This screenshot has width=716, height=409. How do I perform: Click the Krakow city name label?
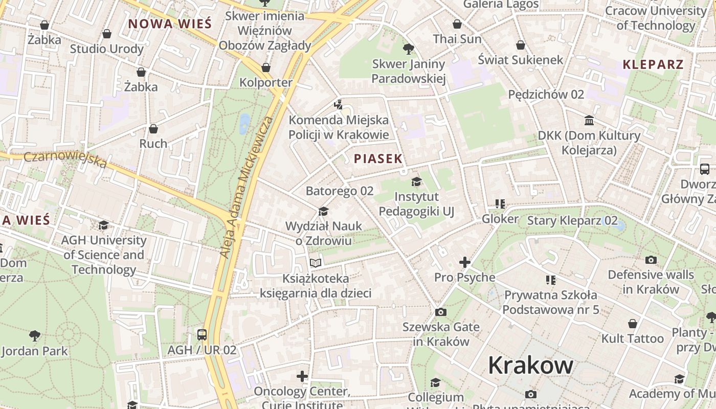click(x=530, y=365)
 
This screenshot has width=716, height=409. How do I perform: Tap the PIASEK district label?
click(x=378, y=159)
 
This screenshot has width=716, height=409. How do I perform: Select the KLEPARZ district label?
click(x=653, y=64)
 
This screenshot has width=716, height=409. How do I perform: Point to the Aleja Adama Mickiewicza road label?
click(x=245, y=187)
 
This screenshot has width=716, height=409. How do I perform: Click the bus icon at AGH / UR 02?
click(x=202, y=335)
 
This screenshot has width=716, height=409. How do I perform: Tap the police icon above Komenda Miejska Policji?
click(x=338, y=105)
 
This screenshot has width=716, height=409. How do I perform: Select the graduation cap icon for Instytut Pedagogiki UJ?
click(x=416, y=181)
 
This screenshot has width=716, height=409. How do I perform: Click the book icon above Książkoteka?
click(x=316, y=263)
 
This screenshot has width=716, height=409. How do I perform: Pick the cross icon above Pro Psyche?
click(x=464, y=262)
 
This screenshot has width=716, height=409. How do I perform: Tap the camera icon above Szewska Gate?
click(x=440, y=312)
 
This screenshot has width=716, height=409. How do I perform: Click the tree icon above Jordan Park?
click(x=34, y=335)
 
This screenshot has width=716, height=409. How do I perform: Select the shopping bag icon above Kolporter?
click(x=265, y=67)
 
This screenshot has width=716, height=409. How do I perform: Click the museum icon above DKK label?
click(x=589, y=121)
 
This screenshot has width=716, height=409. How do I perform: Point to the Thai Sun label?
click(x=457, y=39)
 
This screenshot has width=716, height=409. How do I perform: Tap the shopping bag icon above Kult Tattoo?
click(x=633, y=324)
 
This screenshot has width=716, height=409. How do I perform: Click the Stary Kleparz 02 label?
click(x=572, y=221)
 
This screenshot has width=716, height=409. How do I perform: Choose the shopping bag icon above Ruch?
click(x=153, y=129)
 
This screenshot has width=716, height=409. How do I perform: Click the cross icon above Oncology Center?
click(x=302, y=377)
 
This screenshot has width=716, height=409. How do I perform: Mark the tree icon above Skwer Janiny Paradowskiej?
click(x=408, y=49)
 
